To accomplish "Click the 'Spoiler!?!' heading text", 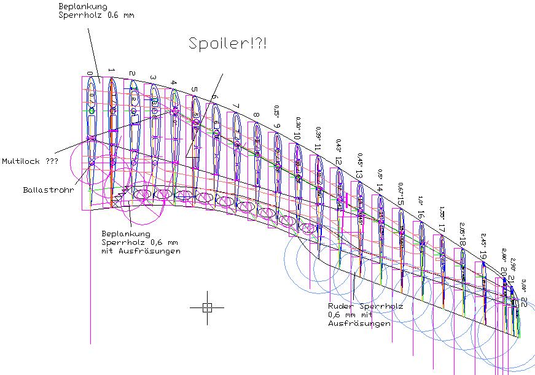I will pos(227,44).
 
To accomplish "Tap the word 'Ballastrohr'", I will pos(49,190).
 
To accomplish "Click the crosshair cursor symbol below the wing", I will pos(207,307).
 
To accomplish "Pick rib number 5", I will pos(195,90).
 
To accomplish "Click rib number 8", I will pos(256,115).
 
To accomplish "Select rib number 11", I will pos(318,147).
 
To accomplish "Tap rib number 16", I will pos(421,214).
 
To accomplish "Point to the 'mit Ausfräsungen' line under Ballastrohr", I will pos(141,252).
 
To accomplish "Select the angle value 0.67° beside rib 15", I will pos(400,188).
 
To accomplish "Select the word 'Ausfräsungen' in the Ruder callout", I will pos(359,323).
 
